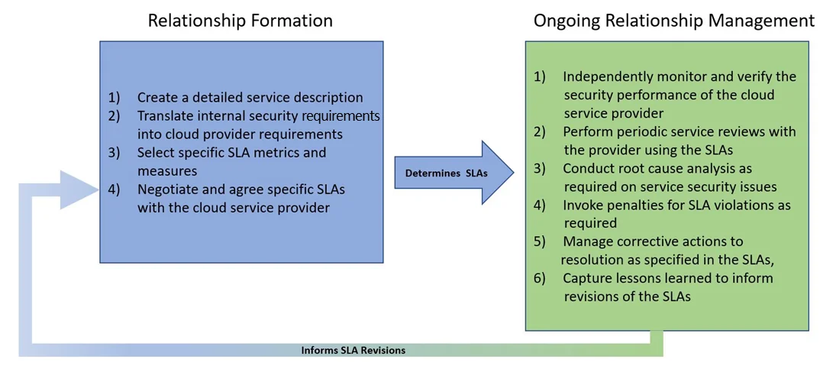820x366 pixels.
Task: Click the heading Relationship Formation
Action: pos(240,21)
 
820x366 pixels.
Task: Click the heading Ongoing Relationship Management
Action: pos(673,21)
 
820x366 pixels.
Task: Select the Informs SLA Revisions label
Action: pos(353,350)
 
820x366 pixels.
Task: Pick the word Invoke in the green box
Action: pos(583,205)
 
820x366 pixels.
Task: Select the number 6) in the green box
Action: pos(540,278)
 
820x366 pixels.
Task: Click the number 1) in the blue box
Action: pos(115,98)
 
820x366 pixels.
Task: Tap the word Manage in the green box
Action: pos(589,241)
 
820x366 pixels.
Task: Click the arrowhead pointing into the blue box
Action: pos(80,189)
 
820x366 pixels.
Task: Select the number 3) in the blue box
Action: pos(115,153)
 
